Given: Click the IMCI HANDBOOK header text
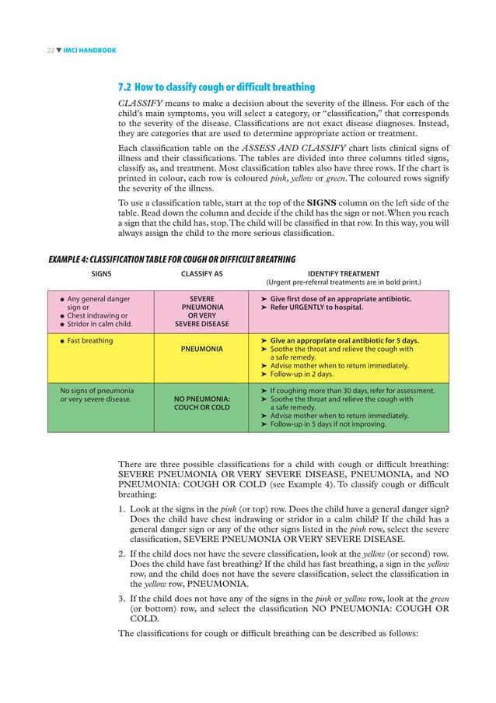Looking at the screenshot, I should tap(89, 51).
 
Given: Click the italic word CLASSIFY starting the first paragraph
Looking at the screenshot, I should tap(140, 104).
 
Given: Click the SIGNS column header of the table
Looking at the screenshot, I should tap(102, 274).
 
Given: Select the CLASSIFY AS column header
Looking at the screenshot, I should tap(201, 274).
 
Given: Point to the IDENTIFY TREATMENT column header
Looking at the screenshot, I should tap(344, 274).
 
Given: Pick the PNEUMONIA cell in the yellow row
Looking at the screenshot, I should tap(201, 350).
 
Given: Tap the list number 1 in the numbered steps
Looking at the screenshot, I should tap(121, 510).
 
